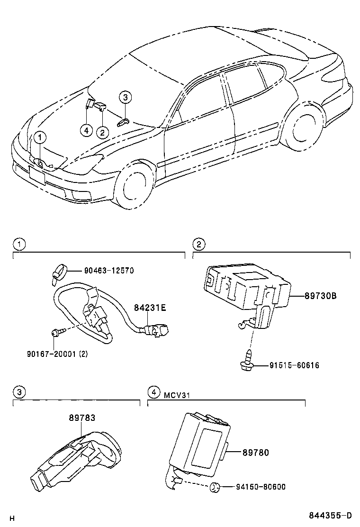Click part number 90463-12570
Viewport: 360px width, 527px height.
point(109,271)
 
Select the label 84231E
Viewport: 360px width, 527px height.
point(149,308)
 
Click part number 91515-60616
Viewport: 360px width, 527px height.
point(294,365)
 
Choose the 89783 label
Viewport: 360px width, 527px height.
point(82,418)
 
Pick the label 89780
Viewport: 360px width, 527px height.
point(255,453)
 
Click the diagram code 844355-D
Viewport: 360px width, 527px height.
point(331,516)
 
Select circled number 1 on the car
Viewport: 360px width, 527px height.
point(40,137)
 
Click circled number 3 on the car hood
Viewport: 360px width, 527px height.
point(125,98)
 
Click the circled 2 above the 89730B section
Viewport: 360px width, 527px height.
point(198,245)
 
